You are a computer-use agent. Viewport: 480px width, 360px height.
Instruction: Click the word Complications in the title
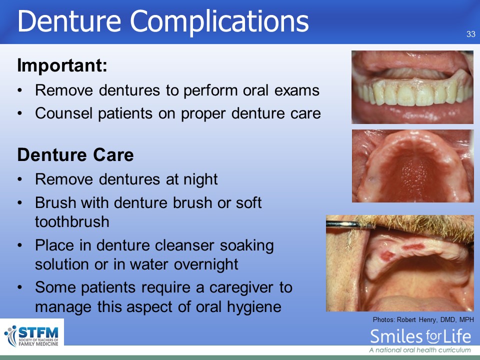tap(219, 22)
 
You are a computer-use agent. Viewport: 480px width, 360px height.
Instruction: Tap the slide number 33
tap(471, 34)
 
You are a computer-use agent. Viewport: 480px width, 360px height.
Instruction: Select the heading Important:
tap(62, 65)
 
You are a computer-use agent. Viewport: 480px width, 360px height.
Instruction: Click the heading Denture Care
tap(75, 154)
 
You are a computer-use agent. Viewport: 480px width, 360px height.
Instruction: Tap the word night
tap(200, 179)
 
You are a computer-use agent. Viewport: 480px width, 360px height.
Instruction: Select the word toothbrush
tap(72, 221)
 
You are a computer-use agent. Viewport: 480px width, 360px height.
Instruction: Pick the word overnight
tap(206, 264)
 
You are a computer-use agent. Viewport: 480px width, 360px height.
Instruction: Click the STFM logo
tap(32, 336)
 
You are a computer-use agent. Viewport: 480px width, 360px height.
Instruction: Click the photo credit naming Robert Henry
tap(423, 320)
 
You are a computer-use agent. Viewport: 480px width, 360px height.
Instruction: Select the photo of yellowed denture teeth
tap(412, 87)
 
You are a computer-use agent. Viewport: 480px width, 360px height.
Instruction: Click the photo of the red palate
tap(412, 166)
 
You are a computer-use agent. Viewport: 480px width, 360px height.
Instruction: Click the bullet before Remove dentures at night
tap(20, 179)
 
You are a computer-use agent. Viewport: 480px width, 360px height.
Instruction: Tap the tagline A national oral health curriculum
tap(420, 350)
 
